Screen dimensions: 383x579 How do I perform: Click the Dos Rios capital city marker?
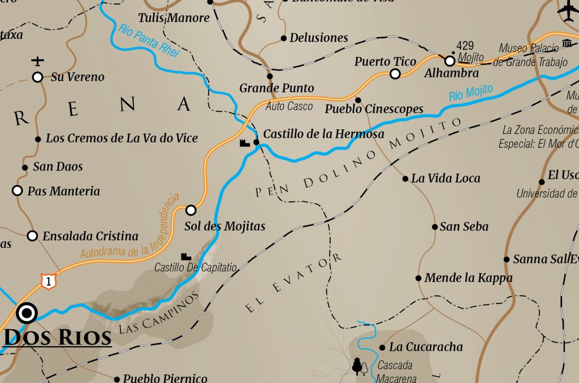pos(27,312)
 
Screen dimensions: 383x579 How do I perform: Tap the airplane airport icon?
pos(567,9)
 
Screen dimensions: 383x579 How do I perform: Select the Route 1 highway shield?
pos(47,280)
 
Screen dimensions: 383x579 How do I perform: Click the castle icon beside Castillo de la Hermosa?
pos(245,143)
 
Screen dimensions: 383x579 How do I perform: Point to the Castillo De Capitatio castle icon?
pos(185,256)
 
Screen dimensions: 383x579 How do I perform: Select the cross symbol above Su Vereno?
pos(38,60)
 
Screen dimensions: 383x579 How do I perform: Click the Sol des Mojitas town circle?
pos(191,210)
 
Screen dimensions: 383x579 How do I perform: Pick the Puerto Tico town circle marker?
pos(395,74)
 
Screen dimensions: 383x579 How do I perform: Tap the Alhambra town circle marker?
pos(450,60)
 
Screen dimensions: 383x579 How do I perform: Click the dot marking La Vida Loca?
pos(405,179)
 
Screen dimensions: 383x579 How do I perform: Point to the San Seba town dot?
pos(435,227)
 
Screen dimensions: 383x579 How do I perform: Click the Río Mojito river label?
pos(470,92)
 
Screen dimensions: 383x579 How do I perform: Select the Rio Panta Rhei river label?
pos(148,40)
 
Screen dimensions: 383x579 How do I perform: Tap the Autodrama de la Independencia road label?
pos(129,228)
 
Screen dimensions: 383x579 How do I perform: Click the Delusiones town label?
pos(318,38)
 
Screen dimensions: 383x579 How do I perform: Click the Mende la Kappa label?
pos(468,278)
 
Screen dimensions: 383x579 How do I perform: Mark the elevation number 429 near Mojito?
pos(465,46)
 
